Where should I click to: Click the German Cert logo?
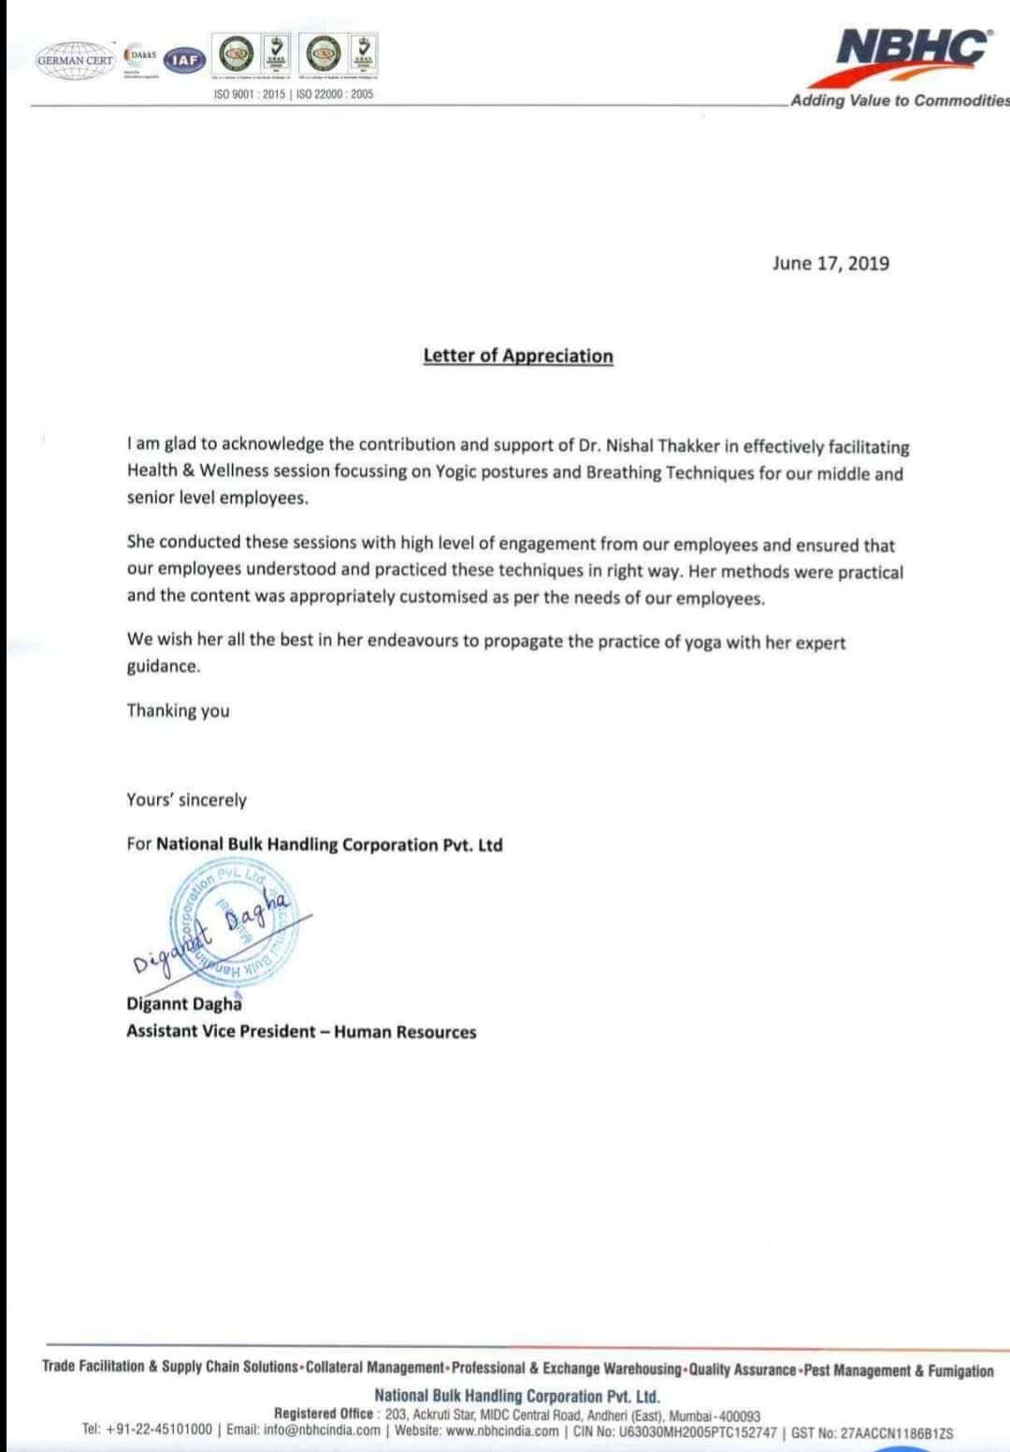click(75, 60)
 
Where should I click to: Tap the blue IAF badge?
click(185, 60)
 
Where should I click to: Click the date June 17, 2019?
click(830, 263)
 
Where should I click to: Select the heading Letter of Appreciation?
click(518, 356)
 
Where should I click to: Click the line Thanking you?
click(178, 710)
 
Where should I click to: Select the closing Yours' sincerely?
click(186, 800)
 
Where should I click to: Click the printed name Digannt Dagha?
click(184, 1004)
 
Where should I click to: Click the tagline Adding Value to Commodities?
click(899, 101)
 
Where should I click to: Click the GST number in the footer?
click(897, 1433)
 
